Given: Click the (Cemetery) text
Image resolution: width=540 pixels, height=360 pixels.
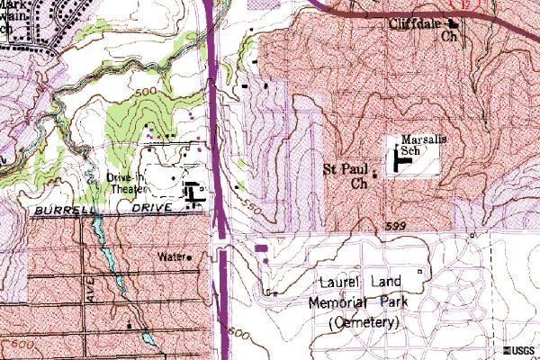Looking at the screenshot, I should (364, 321).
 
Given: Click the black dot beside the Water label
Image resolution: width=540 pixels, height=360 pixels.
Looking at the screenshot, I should (190, 257).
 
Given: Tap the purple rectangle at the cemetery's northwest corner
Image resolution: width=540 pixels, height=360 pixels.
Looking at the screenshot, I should (262, 247).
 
